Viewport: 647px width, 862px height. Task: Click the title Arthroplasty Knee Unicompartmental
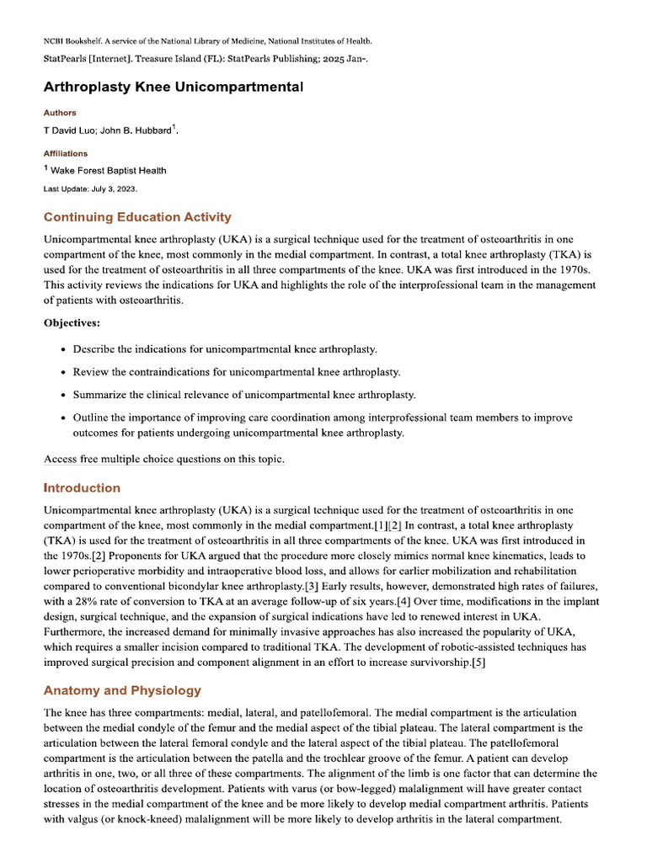[174, 88]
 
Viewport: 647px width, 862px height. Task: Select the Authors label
[60, 113]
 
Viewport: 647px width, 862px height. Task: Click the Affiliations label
[65, 153]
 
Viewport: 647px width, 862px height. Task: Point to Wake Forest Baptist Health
[109, 171]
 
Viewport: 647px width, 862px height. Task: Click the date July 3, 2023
[116, 189]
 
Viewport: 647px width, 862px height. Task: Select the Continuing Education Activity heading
[137, 217]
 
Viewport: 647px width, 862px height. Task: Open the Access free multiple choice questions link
[164, 459]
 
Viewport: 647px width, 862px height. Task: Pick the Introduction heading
[82, 488]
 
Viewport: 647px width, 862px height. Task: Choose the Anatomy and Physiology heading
[122, 690]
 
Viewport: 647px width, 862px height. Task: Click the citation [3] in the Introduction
[312, 586]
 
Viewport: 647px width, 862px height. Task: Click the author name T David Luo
[69, 130]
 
